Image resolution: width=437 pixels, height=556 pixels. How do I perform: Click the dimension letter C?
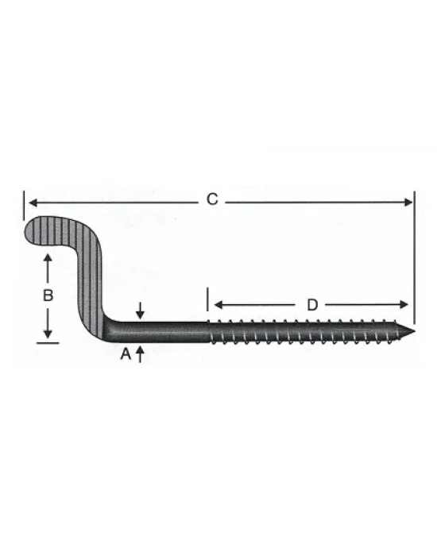coord(211,199)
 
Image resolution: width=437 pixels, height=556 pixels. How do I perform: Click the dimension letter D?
coord(312,304)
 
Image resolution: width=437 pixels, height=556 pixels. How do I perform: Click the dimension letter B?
coord(48,295)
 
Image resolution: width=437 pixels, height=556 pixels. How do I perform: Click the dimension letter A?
coord(125,356)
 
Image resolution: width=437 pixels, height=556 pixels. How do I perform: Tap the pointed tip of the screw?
coord(414,330)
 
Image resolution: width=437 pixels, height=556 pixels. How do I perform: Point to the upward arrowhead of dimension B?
coord(48,259)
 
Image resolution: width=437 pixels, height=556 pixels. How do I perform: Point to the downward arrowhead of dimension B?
coord(48,334)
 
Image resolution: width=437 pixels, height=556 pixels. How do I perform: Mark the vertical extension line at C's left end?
coord(25,203)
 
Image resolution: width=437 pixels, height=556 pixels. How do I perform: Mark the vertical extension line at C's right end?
coord(415,254)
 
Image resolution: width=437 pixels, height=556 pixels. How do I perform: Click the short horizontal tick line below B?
coord(48,342)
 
